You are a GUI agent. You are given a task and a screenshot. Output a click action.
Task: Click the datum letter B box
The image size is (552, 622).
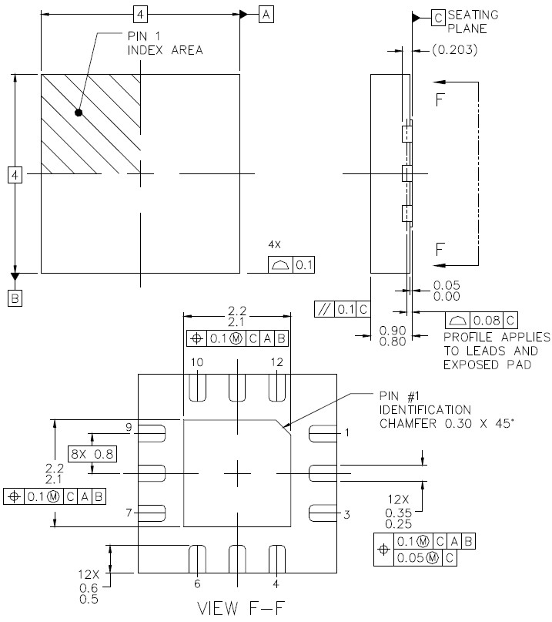point(15,298)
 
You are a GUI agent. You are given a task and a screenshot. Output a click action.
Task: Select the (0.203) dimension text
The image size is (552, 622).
point(454,51)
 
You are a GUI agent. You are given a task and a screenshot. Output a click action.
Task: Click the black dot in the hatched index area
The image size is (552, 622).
point(79,113)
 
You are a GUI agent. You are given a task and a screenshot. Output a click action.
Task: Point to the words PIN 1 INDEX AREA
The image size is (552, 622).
point(164,43)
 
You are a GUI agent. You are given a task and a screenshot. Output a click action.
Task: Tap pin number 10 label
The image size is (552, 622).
point(198,362)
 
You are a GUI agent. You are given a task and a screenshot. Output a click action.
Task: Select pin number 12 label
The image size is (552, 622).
point(277,362)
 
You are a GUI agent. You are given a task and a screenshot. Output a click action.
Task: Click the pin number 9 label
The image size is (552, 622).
point(130,427)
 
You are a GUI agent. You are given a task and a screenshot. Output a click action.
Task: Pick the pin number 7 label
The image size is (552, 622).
point(130,512)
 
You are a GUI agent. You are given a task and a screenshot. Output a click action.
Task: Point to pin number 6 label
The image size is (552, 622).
point(197,583)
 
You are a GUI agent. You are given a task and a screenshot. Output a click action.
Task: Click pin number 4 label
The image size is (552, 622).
point(276,583)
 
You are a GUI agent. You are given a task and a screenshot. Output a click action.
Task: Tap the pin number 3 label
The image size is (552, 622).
point(346,514)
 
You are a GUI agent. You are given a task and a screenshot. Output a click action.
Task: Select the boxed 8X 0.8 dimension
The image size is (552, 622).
point(93,454)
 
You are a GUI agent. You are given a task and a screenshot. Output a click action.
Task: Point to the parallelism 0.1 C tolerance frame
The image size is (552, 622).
point(342,309)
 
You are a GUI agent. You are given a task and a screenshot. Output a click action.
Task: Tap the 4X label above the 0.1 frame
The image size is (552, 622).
point(274,244)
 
